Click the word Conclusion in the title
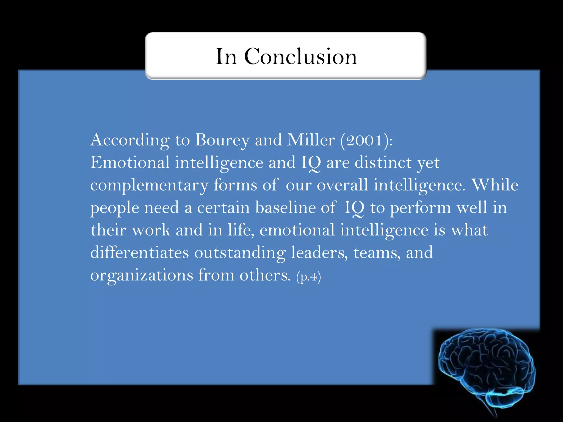[300, 57]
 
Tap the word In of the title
[226, 57]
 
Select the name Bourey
[222, 140]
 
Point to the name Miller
[311, 140]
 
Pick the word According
[130, 140]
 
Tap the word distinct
[383, 163]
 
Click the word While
[495, 185]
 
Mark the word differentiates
[140, 252]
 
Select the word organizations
[142, 276]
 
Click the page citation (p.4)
[308, 277]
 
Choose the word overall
[342, 185]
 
